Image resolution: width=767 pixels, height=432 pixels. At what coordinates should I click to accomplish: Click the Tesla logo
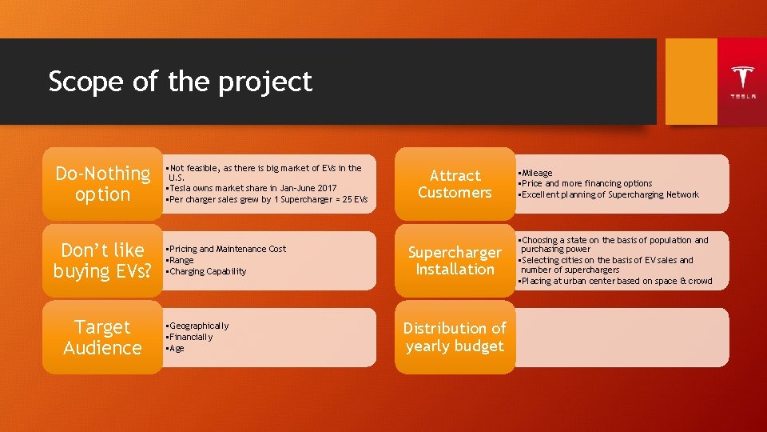(742, 81)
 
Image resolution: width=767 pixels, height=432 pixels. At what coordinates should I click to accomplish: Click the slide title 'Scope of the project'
(180, 82)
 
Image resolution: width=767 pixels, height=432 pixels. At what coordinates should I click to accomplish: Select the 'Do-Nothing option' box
(102, 184)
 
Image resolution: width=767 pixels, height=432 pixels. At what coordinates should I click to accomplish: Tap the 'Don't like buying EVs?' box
(102, 261)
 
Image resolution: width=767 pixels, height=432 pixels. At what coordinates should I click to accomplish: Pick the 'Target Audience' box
(102, 338)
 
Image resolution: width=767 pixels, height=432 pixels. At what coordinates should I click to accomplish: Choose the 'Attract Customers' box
(455, 184)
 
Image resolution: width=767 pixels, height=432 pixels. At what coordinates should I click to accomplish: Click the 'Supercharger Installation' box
(455, 261)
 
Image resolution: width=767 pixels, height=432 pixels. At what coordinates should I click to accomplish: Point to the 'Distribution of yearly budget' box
(455, 338)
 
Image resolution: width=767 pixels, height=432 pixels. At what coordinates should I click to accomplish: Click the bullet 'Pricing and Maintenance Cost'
(227, 249)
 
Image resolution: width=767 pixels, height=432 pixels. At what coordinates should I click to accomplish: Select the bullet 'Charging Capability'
(207, 271)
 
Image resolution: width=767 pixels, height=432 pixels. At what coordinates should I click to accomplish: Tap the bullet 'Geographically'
(198, 326)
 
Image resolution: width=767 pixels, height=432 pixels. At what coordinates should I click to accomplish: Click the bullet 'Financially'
(190, 337)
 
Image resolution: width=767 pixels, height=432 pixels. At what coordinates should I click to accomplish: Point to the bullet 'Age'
(176, 348)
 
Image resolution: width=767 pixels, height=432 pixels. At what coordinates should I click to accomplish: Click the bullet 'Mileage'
(537, 173)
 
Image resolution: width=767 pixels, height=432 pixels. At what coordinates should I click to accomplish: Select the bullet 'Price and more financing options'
(586, 183)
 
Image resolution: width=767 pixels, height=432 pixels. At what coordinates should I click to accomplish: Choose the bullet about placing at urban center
(616, 281)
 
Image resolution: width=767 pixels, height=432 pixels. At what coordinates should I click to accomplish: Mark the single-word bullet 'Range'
(181, 260)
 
